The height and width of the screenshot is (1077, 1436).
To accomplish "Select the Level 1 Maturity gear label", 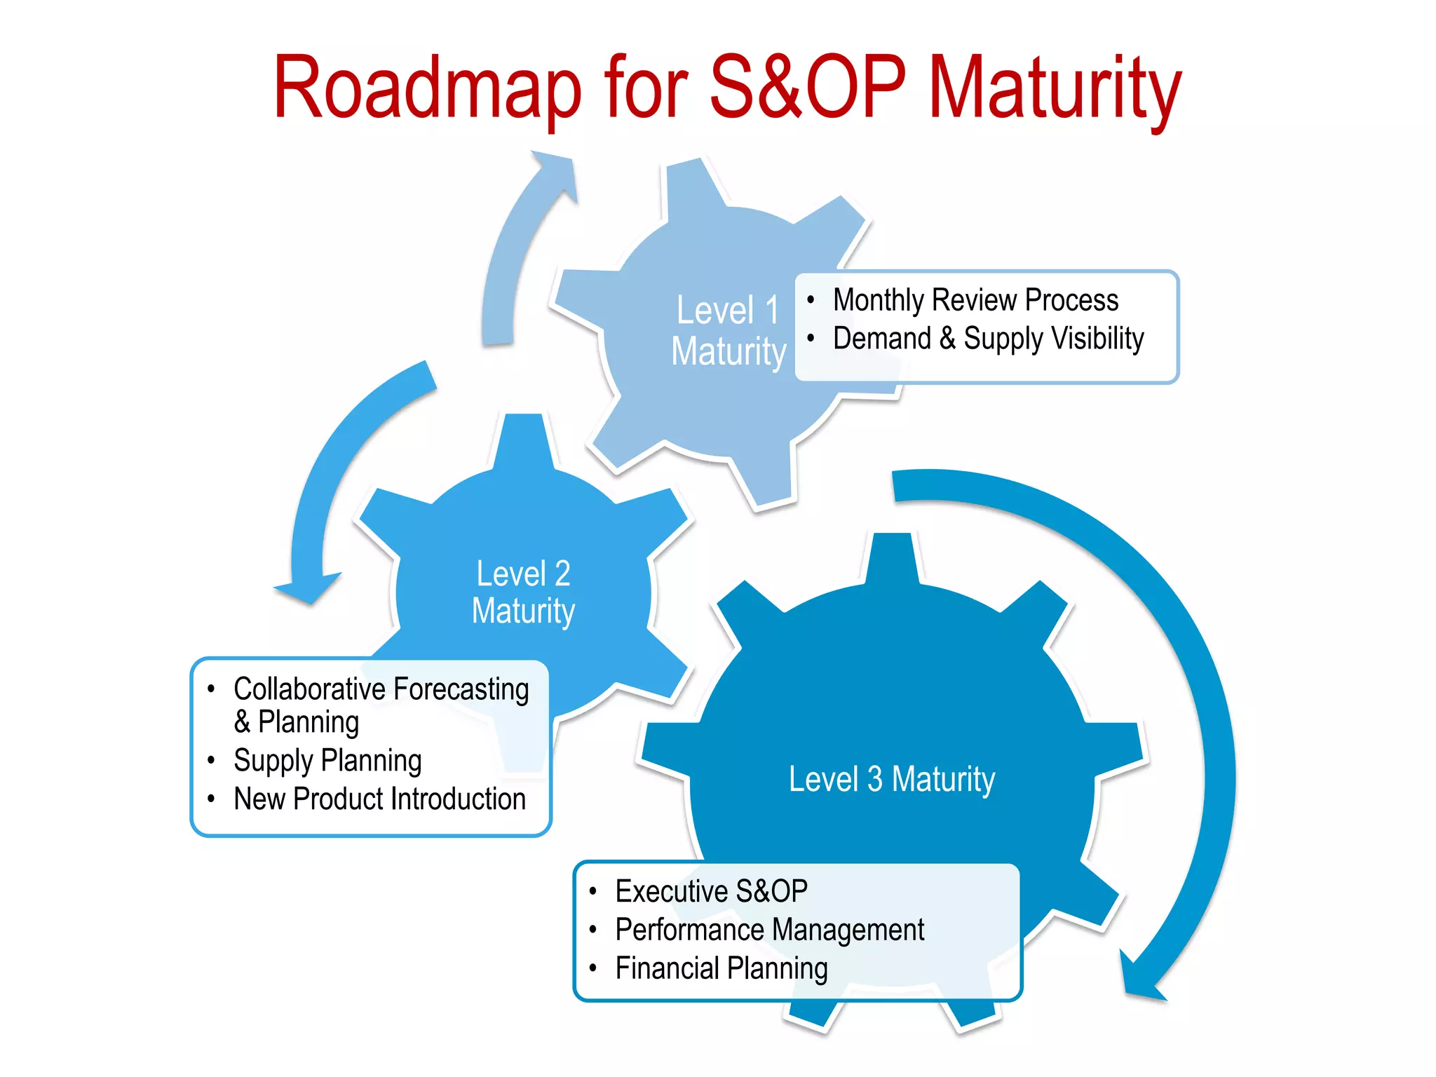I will pyautogui.click(x=729, y=330).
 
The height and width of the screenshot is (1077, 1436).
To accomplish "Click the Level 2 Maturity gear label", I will pyautogui.click(x=523, y=592).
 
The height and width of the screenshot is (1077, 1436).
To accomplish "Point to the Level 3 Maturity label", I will pyautogui.click(x=892, y=779).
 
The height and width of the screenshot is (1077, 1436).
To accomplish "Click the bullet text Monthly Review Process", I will pyautogui.click(x=975, y=300).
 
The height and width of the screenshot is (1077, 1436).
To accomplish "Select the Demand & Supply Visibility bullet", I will pyautogui.click(x=988, y=339).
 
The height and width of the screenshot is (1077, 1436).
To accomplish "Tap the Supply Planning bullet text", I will pyautogui.click(x=327, y=761).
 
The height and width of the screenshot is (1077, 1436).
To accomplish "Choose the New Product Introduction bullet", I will pyautogui.click(x=379, y=799).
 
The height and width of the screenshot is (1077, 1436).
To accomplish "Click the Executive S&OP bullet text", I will pyautogui.click(x=711, y=891).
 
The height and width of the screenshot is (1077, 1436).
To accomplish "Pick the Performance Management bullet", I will pyautogui.click(x=769, y=930).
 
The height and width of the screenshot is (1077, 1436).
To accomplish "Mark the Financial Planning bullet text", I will pyautogui.click(x=722, y=969).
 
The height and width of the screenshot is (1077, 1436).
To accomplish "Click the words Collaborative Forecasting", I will pyautogui.click(x=381, y=689).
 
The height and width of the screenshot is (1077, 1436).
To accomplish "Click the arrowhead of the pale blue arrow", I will pyautogui.click(x=557, y=172).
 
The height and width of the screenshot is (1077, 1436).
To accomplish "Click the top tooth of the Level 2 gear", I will pyautogui.click(x=523, y=438).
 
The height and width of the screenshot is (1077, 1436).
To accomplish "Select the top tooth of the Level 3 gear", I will pyautogui.click(x=892, y=557).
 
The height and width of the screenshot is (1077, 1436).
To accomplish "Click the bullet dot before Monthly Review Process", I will pyautogui.click(x=811, y=300).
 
